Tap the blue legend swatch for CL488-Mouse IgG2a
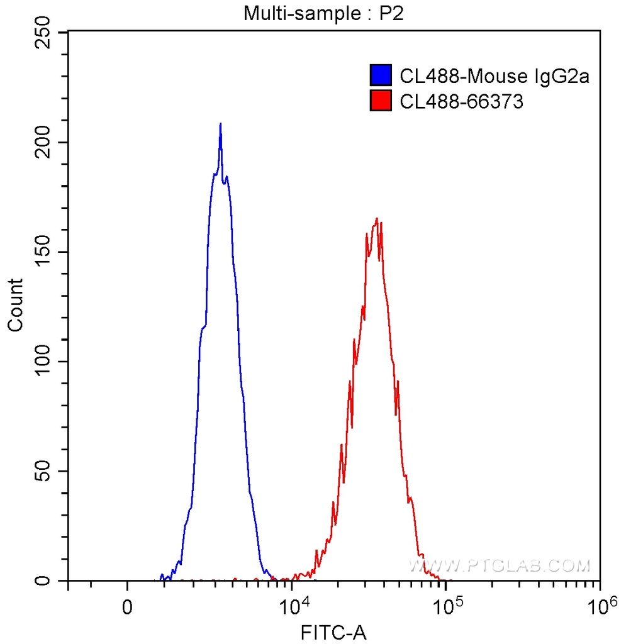click(x=381, y=75)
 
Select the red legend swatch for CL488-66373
click(x=381, y=101)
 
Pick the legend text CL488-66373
click(x=461, y=101)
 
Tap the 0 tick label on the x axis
click(x=128, y=608)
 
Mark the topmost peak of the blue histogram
click(x=220, y=124)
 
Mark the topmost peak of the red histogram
click(x=377, y=219)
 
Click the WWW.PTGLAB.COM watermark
click(x=500, y=565)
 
